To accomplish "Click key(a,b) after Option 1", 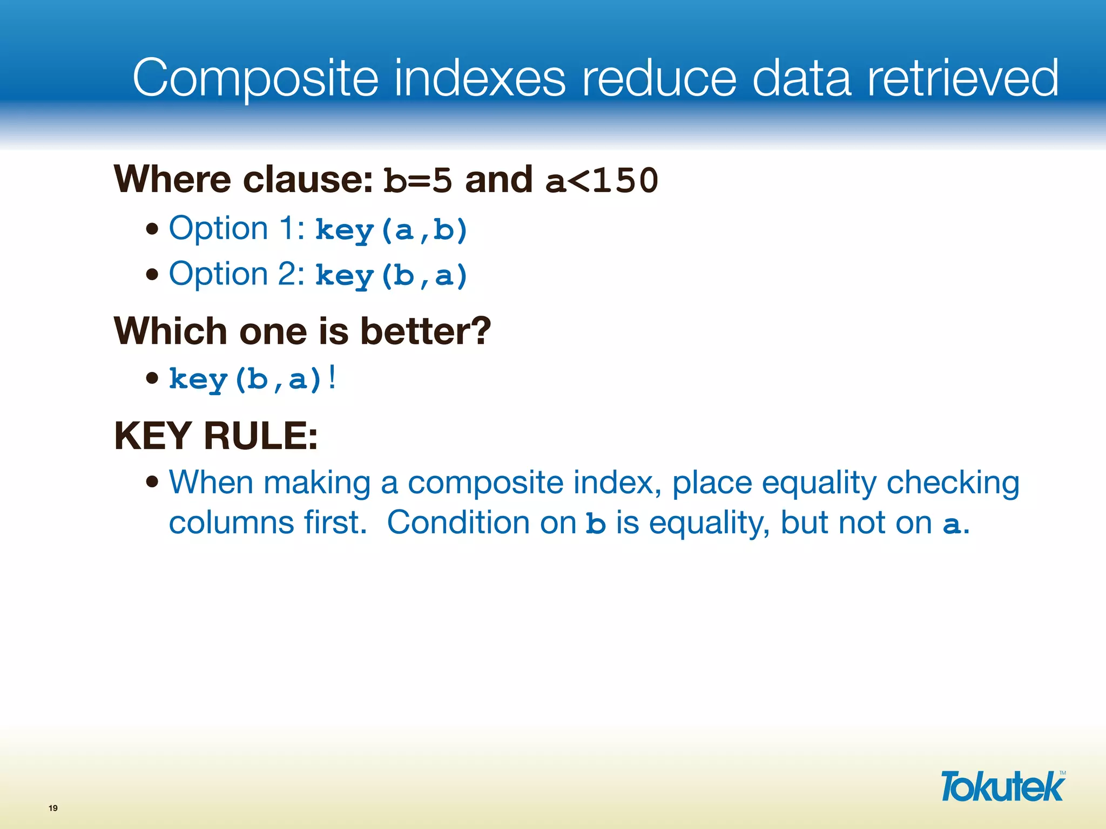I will pyautogui.click(x=391, y=230).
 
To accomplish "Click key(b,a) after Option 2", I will pyautogui.click(x=391, y=275).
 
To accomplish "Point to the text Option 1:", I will pyautogui.click(x=237, y=228).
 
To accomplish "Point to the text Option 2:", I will pyautogui.click(x=237, y=274).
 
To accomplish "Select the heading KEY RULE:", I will pyautogui.click(x=216, y=436).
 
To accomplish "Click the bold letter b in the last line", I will pyautogui.click(x=596, y=524).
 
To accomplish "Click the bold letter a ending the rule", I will pyautogui.click(x=952, y=524).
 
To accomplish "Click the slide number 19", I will pyautogui.click(x=53, y=808).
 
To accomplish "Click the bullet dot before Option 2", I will pyautogui.click(x=152, y=275).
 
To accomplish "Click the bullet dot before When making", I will pyautogui.click(x=152, y=481).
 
